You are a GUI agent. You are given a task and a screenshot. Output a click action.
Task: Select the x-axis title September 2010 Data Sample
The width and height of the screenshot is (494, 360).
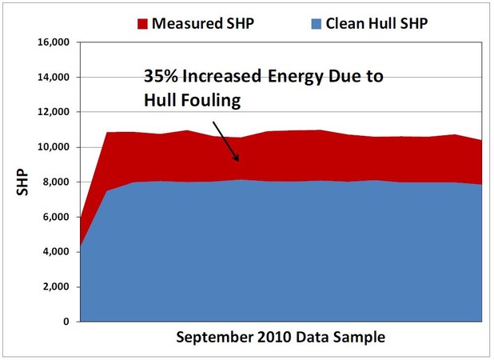[280, 338]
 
